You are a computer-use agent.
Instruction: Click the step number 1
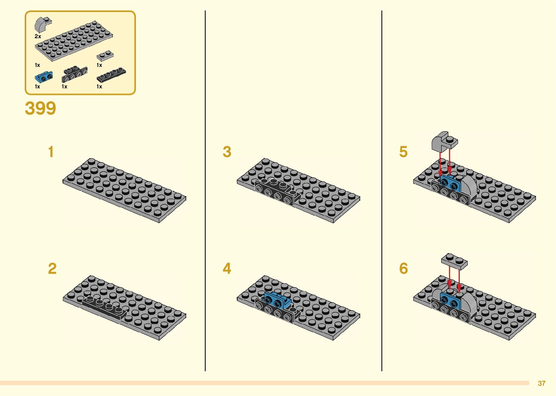[51, 152]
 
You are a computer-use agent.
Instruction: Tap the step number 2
[52, 269]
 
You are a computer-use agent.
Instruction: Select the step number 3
[227, 152]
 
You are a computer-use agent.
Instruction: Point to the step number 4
[227, 269]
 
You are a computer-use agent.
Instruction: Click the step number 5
[403, 152]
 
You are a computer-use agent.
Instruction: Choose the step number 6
[403, 269]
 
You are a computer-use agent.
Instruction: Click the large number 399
[40, 108]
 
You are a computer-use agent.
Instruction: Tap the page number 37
[541, 383]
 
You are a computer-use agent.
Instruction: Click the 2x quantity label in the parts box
[38, 36]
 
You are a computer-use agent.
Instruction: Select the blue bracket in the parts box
[44, 77]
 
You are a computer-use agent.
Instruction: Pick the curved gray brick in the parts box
[42, 24]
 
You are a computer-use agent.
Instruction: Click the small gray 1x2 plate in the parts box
[105, 56]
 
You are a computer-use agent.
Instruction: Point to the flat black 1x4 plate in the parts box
[111, 75]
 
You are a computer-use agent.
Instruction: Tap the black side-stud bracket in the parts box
[74, 74]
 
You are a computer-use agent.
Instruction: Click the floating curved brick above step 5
[444, 141]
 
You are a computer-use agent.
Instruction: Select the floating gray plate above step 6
[454, 261]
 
